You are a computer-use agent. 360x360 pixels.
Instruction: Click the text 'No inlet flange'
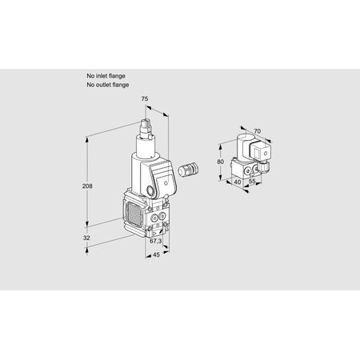106,75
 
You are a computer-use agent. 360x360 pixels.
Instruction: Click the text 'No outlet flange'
108,83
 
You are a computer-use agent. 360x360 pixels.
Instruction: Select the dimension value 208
89,186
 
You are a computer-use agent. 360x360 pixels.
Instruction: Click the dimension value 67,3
157,241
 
